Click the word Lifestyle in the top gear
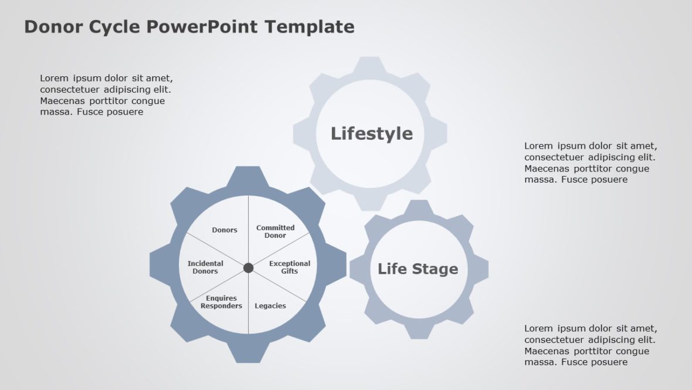371,133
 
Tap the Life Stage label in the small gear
418,269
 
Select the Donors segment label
225,230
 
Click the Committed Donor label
275,231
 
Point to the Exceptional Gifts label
289,267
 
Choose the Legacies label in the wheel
270,306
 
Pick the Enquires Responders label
221,302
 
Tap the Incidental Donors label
205,267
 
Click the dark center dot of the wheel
249,268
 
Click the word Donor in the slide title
53,27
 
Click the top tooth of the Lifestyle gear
369,63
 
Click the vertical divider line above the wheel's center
249,229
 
